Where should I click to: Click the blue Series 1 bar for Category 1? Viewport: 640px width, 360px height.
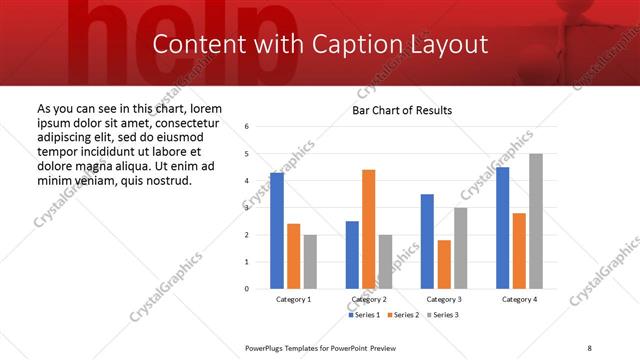click(277, 231)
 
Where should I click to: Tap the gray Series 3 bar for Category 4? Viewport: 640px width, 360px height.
click(535, 221)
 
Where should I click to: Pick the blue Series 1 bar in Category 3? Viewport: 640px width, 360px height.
click(427, 241)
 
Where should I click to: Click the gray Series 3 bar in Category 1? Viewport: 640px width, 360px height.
click(310, 261)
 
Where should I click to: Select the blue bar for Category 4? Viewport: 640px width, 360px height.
click(502, 228)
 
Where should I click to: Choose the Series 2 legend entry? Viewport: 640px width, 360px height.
click(402, 315)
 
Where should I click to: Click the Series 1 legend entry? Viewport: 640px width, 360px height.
click(365, 315)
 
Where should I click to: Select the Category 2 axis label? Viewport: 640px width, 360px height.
click(368, 300)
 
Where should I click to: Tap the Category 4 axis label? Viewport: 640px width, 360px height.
click(518, 300)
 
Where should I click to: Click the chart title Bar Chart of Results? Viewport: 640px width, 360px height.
click(402, 110)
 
